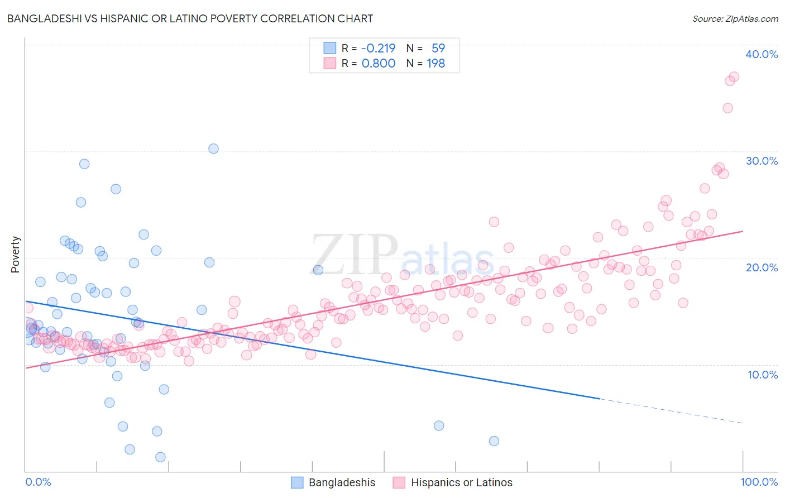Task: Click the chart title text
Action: (x=190, y=18)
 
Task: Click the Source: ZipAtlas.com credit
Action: (x=735, y=18)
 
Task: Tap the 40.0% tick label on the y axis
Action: (x=762, y=54)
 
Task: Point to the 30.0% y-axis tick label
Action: (x=762, y=161)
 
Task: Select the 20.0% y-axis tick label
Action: (x=762, y=267)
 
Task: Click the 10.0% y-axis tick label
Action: (x=762, y=375)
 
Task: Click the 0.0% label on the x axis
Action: (x=38, y=482)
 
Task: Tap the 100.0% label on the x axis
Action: (x=759, y=482)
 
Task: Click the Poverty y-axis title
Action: (x=15, y=255)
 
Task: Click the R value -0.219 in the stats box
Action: (x=378, y=48)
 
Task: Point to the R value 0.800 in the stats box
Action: (x=378, y=63)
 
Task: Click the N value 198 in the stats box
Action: (x=435, y=63)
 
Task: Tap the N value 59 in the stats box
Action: (x=438, y=48)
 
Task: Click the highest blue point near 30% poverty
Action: (x=213, y=149)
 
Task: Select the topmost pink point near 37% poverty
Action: (x=734, y=76)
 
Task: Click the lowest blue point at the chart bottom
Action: (x=160, y=457)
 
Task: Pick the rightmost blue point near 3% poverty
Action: (x=494, y=441)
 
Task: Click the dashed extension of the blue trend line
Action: (x=670, y=411)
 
